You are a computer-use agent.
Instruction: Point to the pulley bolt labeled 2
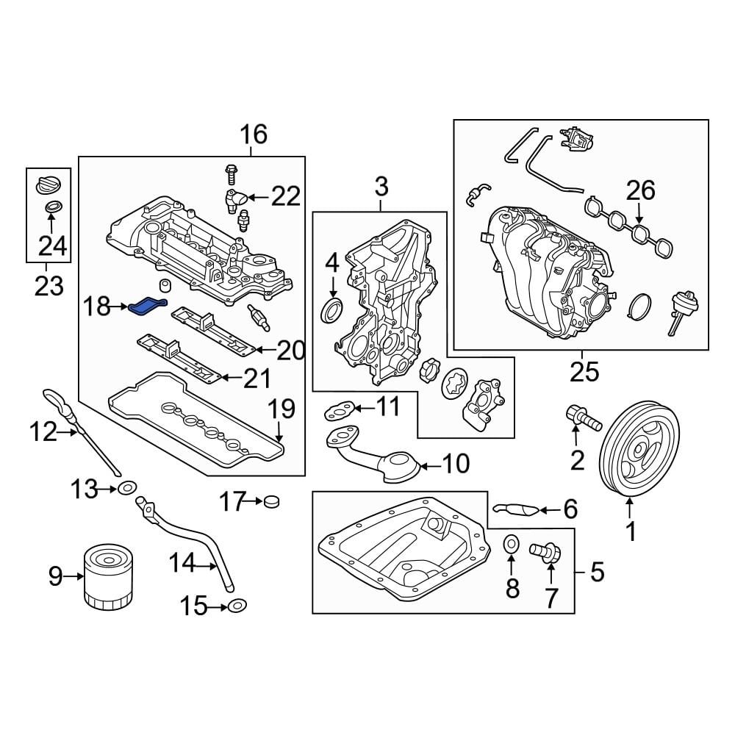582,417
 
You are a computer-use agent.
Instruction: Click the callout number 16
251,135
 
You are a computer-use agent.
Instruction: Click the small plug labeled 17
273,502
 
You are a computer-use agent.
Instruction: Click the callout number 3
380,187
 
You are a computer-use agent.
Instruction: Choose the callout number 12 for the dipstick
43,432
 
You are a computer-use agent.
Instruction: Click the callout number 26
639,191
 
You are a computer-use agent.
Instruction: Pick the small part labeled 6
516,509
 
